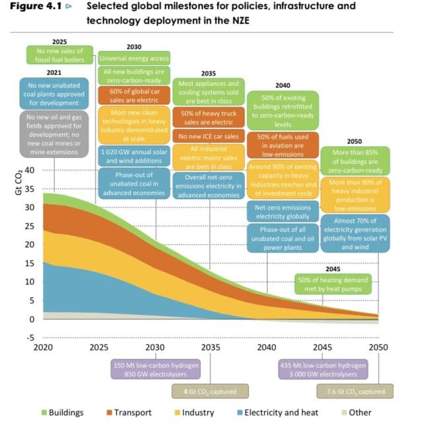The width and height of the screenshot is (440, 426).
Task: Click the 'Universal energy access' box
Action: click(x=134, y=58)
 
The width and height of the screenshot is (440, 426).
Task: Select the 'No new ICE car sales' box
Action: click(x=208, y=137)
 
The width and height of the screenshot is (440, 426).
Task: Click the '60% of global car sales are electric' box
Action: click(x=134, y=95)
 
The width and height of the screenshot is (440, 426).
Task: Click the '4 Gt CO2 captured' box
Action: click(x=210, y=392)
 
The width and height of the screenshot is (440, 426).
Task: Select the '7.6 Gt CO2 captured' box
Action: click(x=355, y=392)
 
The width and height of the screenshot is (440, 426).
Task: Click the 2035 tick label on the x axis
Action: click(x=210, y=347)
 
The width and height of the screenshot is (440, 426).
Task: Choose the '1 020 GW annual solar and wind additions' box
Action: click(x=134, y=155)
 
